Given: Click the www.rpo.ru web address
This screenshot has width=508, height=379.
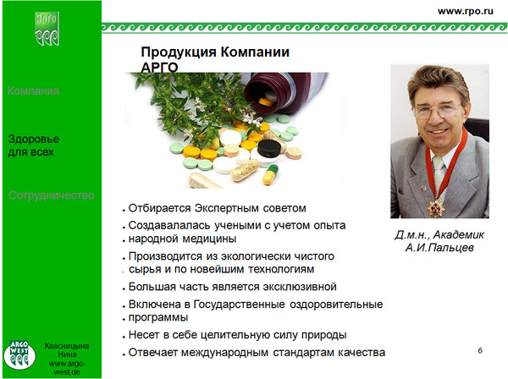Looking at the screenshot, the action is coord(465,11).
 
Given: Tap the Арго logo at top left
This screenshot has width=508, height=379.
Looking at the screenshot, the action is coord(47,29).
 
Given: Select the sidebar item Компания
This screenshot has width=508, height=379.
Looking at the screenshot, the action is coord(33,91).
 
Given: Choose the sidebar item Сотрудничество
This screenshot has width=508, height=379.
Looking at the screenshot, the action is coord(51,195).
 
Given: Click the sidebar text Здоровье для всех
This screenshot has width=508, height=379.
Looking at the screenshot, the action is coord(33,146).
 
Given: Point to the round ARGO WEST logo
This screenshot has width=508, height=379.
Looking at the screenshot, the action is coord(19,354).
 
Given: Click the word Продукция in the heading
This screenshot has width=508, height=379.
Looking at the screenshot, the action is coord(179,52).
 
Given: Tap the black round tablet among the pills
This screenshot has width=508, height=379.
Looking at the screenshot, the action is coord(269,148).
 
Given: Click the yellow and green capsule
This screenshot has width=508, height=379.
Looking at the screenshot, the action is coord(271,175).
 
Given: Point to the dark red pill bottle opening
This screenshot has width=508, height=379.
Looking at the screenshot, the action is coord(262,93).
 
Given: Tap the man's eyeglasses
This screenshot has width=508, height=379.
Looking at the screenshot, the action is coord(438,110).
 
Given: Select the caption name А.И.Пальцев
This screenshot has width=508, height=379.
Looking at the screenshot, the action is coord(439,248).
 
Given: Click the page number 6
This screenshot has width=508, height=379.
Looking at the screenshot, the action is coord(480,350).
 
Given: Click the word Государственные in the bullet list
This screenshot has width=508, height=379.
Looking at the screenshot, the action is coord(239,305).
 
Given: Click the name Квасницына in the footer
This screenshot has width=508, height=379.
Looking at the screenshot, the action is coord(67,346).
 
